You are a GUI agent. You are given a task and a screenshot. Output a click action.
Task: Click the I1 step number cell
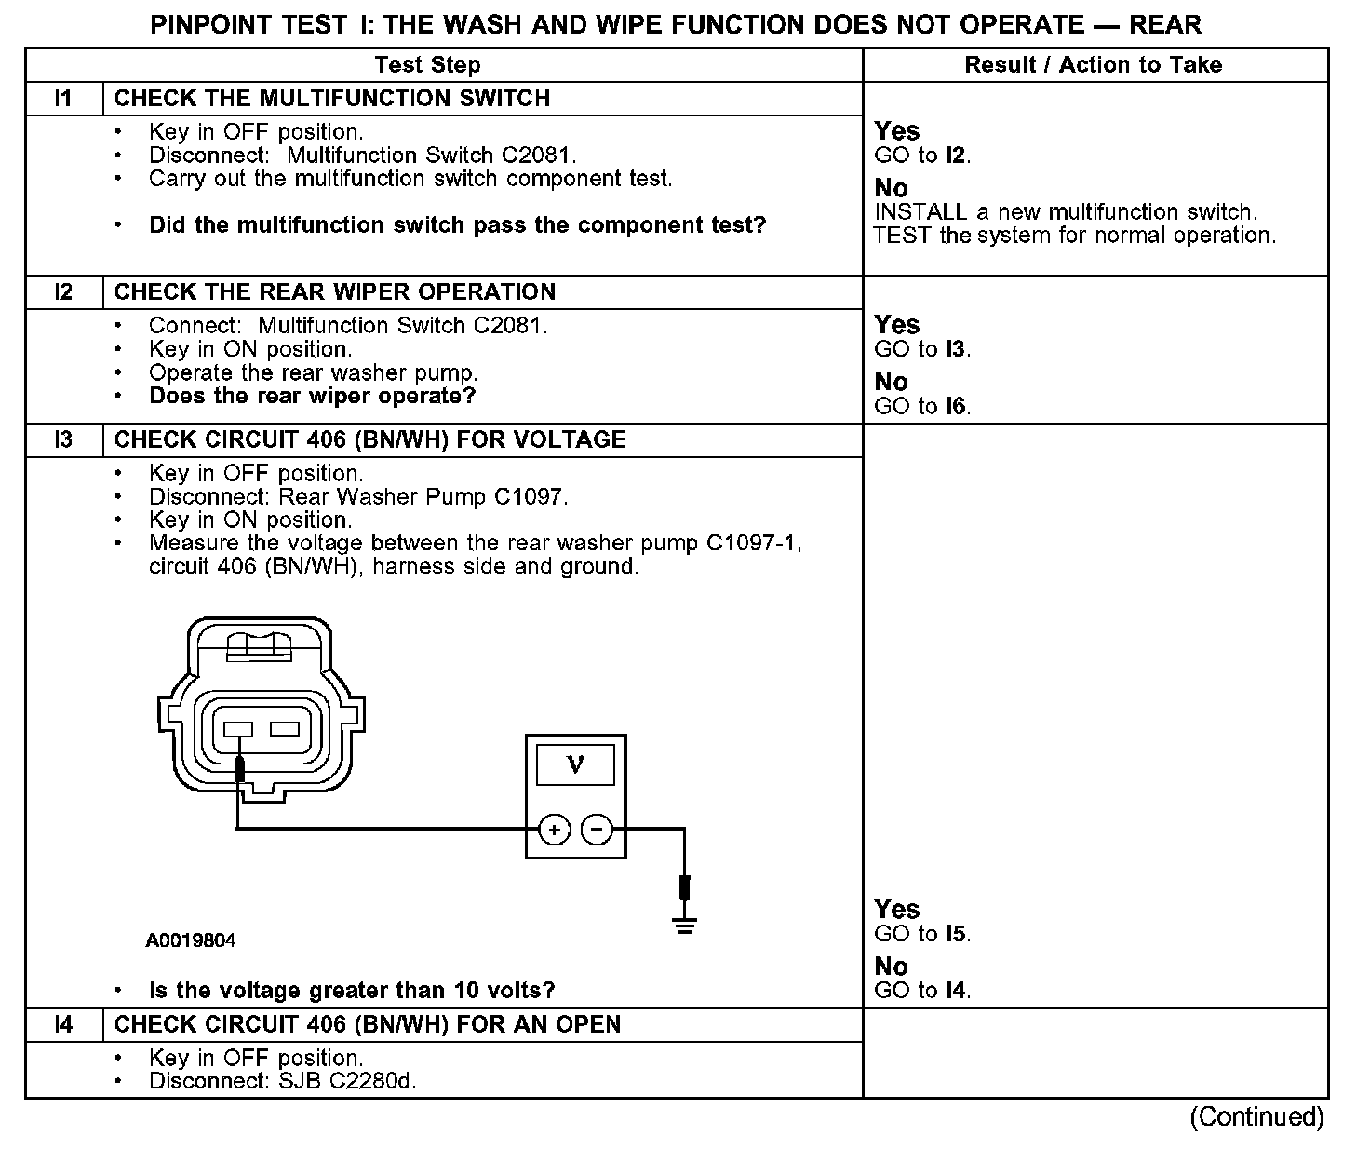coord(63,99)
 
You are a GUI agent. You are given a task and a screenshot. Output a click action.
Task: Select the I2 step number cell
coord(63,292)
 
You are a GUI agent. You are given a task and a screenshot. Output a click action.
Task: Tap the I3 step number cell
coord(63,439)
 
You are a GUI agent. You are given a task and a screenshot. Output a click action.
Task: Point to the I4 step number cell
coord(63,1025)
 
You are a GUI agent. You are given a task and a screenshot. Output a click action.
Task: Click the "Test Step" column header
coord(427,65)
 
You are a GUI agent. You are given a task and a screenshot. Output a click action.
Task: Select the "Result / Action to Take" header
coord(1094,65)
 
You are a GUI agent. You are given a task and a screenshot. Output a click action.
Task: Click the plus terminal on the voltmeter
coord(554,829)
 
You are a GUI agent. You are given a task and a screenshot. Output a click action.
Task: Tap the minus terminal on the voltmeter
coord(598,829)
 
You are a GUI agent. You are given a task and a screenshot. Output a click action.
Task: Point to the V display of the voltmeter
coord(575,765)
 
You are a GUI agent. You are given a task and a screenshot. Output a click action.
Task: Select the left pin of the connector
coord(239,728)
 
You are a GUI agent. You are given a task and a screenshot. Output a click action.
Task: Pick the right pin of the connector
coord(285,728)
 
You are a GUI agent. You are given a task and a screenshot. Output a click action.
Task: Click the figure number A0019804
coord(191,940)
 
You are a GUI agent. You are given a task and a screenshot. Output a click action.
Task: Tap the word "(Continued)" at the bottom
coord(1256,1116)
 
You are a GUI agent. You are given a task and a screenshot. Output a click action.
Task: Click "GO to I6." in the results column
coord(922,406)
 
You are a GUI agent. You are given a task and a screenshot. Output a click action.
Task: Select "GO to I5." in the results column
coord(922,934)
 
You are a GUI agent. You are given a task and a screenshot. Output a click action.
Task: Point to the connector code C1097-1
coord(753,544)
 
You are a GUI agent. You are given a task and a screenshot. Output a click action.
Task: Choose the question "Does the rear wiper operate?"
coord(313,397)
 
